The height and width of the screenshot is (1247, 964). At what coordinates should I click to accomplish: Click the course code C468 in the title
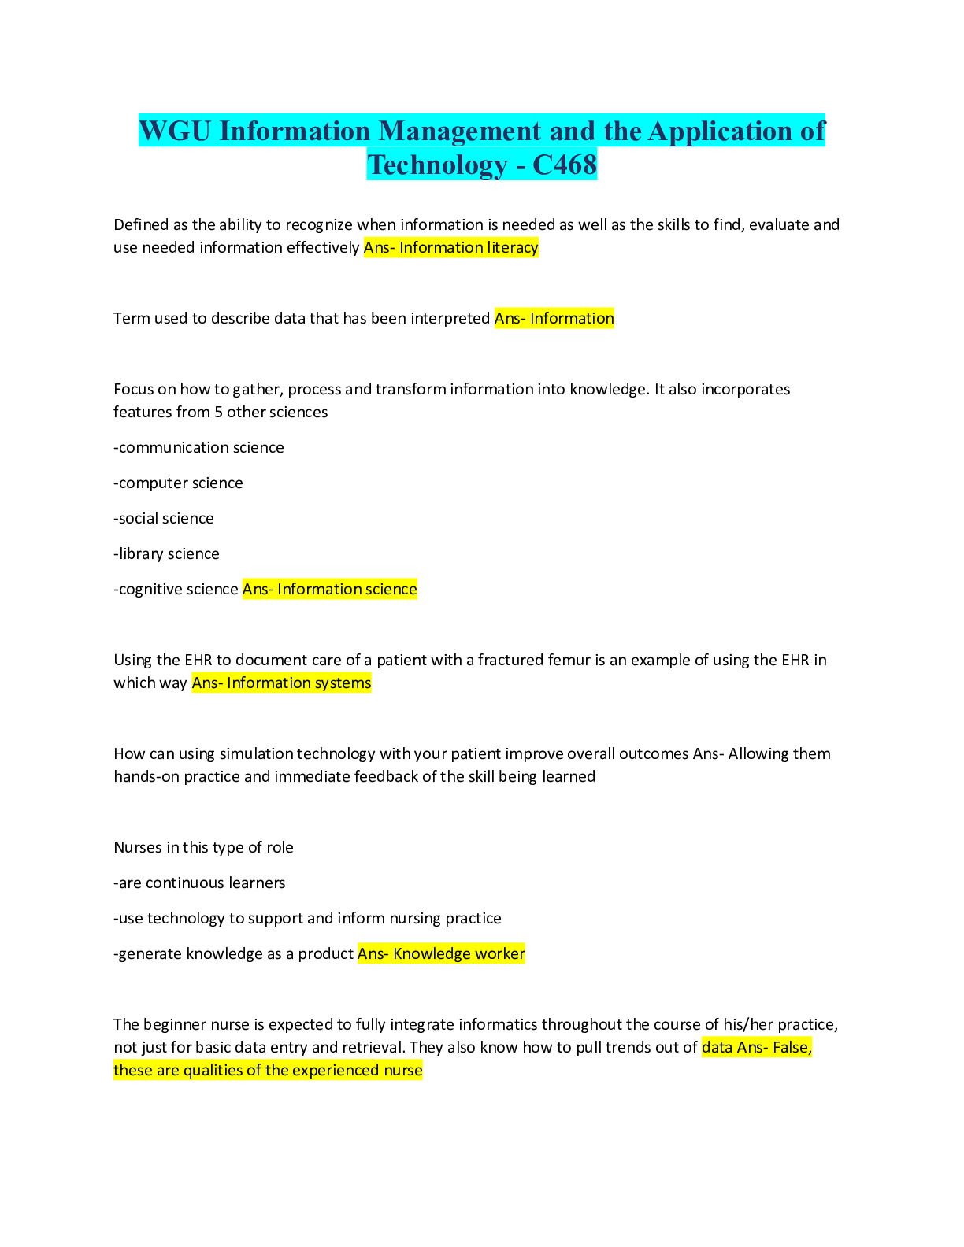click(x=565, y=165)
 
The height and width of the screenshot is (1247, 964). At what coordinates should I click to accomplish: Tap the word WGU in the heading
click(x=176, y=131)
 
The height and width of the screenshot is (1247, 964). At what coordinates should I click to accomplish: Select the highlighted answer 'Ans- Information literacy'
click(x=450, y=247)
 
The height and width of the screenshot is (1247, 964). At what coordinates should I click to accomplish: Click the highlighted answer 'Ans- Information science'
click(x=329, y=589)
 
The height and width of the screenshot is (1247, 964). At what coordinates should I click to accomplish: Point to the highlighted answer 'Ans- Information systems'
click(x=281, y=683)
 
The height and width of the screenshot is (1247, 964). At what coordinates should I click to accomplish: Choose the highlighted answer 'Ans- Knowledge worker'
click(x=441, y=953)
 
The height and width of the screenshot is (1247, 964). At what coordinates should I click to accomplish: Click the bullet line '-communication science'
click(x=198, y=447)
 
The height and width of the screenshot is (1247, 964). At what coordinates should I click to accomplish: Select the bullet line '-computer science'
click(x=178, y=483)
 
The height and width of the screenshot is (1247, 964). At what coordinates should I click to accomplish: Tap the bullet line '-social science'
click(x=164, y=518)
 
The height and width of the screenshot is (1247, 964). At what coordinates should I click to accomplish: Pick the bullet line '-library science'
click(x=166, y=553)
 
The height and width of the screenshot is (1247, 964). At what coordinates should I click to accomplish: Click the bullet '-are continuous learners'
click(x=199, y=883)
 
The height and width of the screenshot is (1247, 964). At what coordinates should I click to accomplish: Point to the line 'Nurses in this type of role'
click(x=203, y=847)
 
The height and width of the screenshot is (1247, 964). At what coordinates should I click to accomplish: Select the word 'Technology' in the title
click(x=437, y=165)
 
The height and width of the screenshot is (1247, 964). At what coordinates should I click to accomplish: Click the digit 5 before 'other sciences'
click(x=218, y=412)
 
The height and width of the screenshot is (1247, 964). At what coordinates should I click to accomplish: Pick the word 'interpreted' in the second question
click(x=451, y=318)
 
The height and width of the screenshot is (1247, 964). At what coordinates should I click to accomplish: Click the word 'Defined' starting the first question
click(x=141, y=224)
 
